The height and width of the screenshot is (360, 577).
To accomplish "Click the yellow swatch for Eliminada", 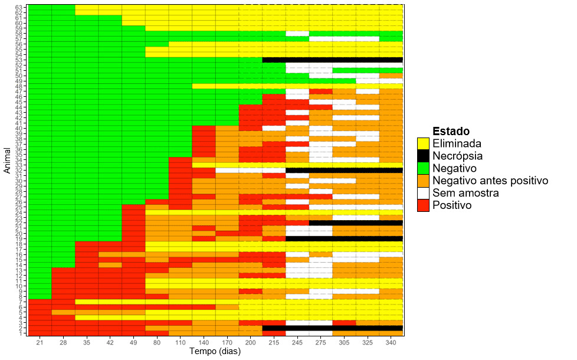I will point(423,143).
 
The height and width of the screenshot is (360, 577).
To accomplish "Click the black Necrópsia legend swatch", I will point(423,156).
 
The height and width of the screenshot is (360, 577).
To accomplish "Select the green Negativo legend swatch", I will point(423,168).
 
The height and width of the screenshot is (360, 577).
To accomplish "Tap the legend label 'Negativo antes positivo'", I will point(490,181).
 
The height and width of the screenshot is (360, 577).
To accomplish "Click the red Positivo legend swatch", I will point(423,205).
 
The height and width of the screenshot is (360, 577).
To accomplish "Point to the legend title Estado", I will point(451,131).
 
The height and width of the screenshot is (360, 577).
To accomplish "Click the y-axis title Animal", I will point(7,161).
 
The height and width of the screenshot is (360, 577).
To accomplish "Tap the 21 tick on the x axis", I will point(40,343).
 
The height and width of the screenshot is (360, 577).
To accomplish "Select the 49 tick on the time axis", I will point(133,343).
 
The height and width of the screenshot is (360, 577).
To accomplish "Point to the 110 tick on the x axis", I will point(181,343).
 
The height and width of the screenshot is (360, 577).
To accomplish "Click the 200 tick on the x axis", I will point(250,343).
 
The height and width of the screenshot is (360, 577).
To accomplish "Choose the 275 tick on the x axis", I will point(320,343).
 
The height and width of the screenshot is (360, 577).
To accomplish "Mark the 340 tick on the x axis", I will point(391,343).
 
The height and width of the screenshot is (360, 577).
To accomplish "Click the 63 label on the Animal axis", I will point(19,7).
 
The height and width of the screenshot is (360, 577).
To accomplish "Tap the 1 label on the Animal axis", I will point(21,333).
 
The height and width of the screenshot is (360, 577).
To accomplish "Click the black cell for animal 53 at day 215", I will point(274,60).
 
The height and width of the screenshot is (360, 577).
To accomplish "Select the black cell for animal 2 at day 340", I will point(391,328).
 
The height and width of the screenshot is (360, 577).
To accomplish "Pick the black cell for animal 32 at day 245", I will point(297,170).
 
